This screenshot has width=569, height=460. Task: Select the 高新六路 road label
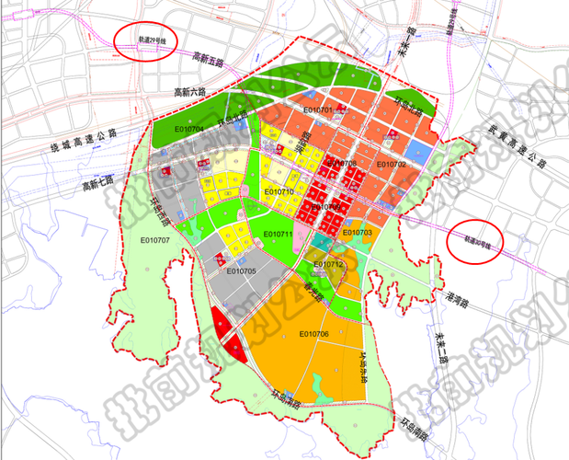[x=191, y=92]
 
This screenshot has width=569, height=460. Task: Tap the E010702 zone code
[x=391, y=165]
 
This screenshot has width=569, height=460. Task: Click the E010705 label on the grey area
[x=240, y=272]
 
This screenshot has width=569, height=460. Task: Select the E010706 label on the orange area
[x=313, y=334]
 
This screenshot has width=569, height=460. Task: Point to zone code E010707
[x=155, y=240]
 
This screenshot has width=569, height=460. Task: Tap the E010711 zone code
[x=277, y=235]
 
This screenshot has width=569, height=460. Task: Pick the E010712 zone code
[x=327, y=265]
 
